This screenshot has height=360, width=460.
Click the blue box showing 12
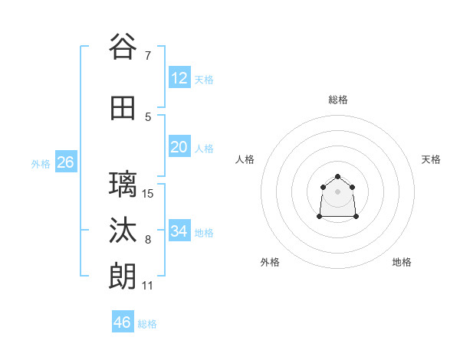[179, 78]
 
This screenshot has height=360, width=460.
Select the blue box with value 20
[179, 147]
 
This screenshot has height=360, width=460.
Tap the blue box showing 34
[179, 231]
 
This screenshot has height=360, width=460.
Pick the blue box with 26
[65, 162]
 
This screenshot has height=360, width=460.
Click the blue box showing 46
[123, 322]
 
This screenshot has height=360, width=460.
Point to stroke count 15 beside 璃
[148, 194]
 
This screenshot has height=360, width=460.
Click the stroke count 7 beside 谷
[147, 56]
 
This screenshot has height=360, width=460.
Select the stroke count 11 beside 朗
[148, 286]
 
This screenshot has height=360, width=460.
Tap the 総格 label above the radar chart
[338, 100]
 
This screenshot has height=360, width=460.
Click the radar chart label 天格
[431, 159]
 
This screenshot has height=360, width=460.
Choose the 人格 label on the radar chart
[245, 159]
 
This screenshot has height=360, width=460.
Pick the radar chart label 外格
[270, 262]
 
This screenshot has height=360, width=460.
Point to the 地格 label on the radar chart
[402, 262]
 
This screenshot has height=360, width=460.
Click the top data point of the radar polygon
[338, 177]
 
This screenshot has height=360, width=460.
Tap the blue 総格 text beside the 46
[147, 324]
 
